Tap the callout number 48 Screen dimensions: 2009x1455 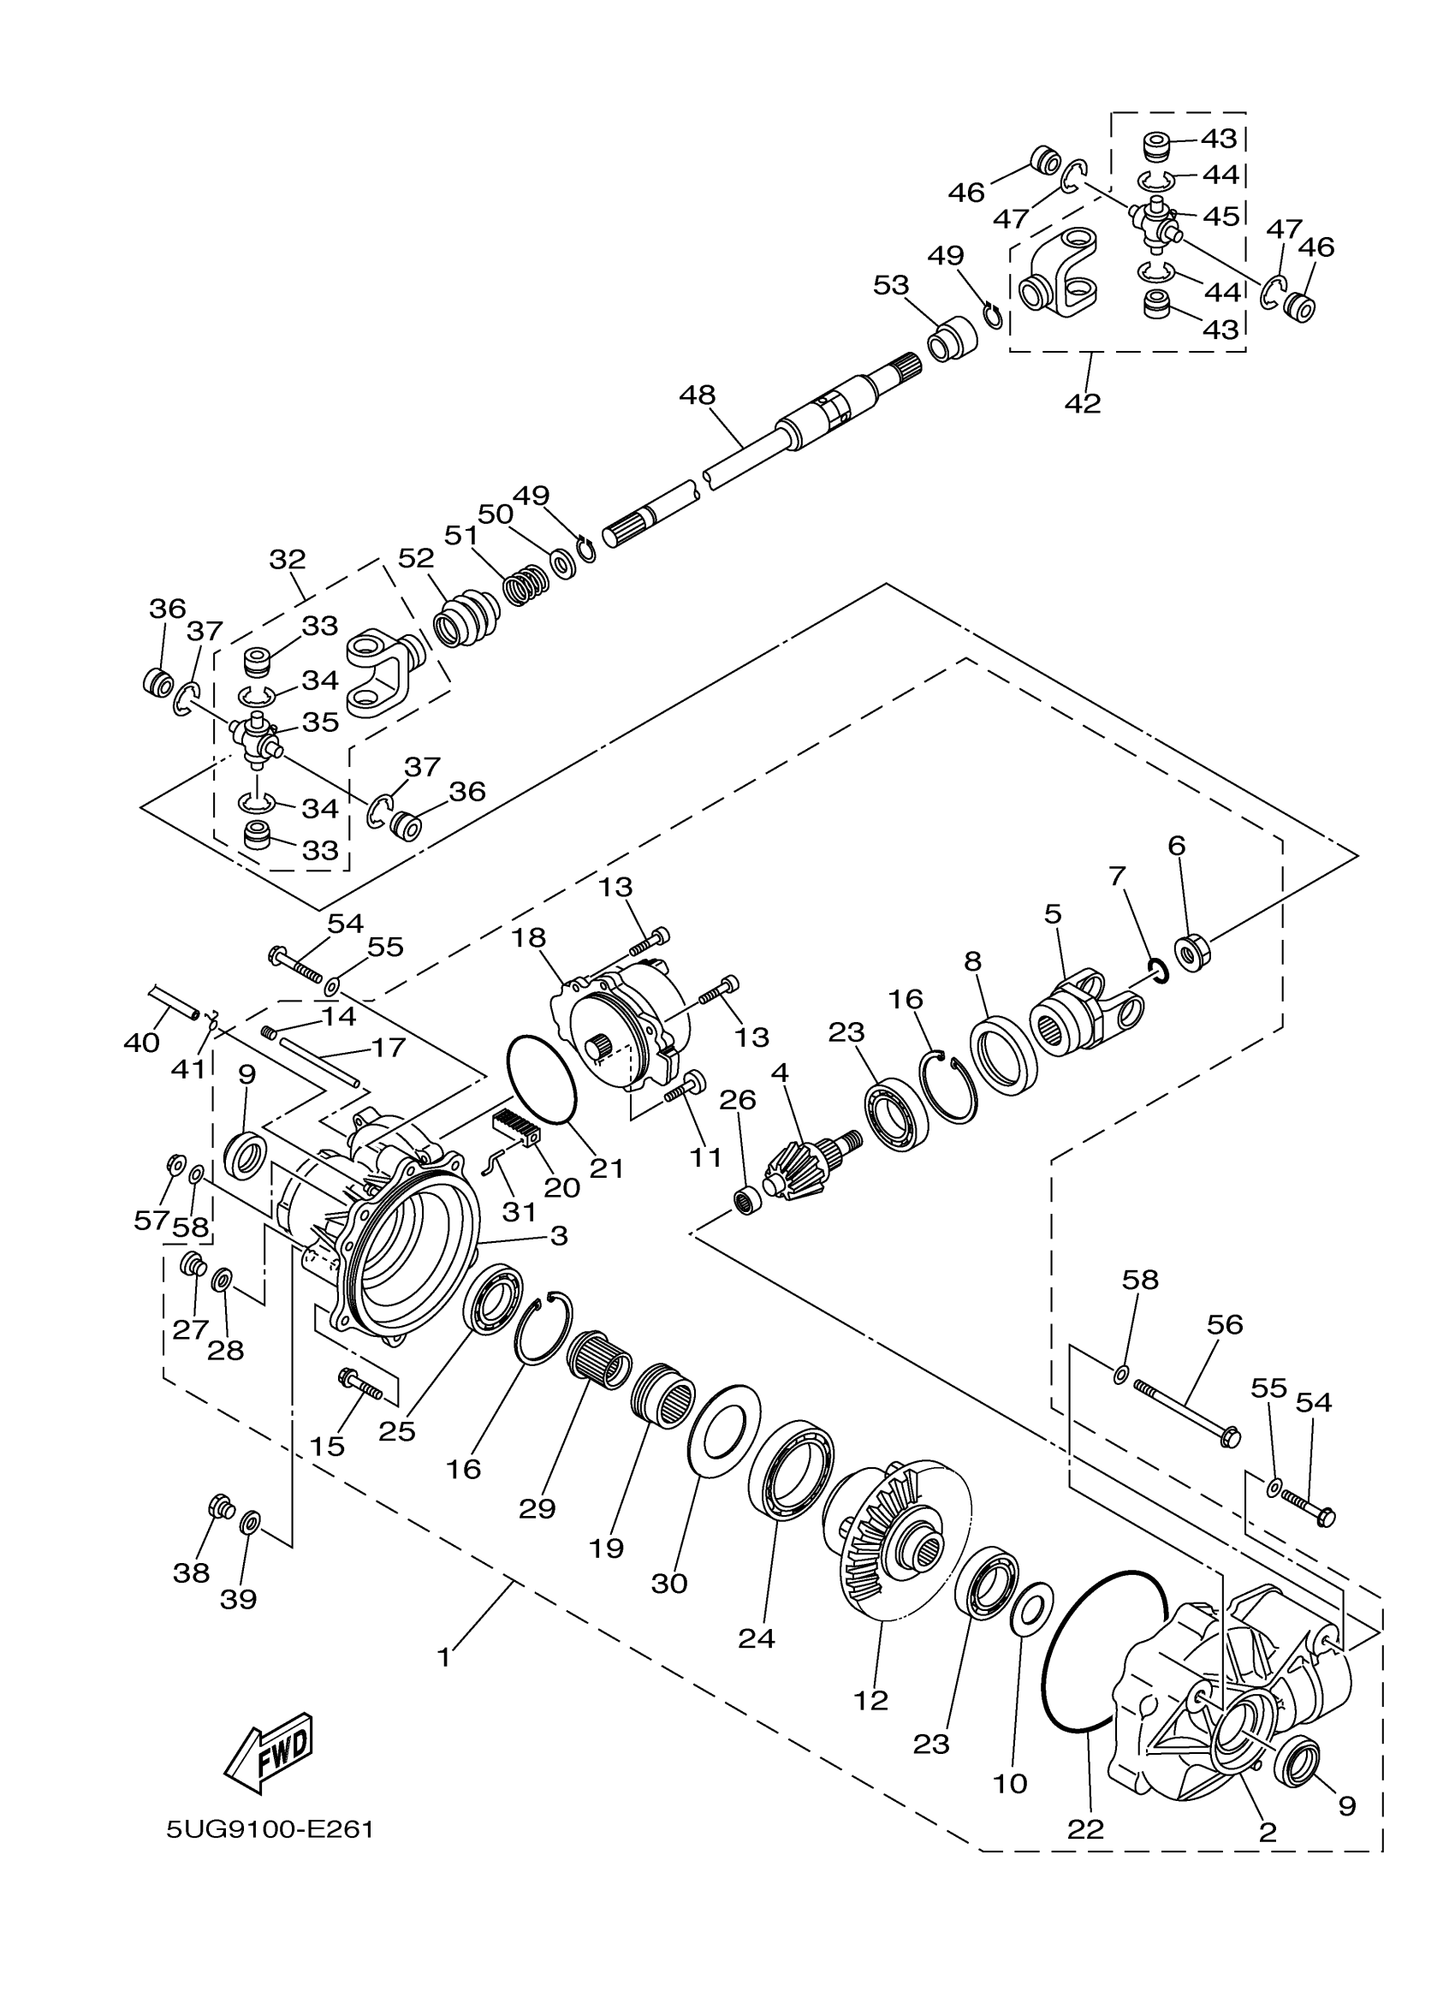coord(697,395)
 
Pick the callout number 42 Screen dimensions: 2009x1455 coord(1082,403)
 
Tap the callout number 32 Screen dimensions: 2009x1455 coord(287,559)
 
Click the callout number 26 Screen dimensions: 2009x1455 coord(737,1100)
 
